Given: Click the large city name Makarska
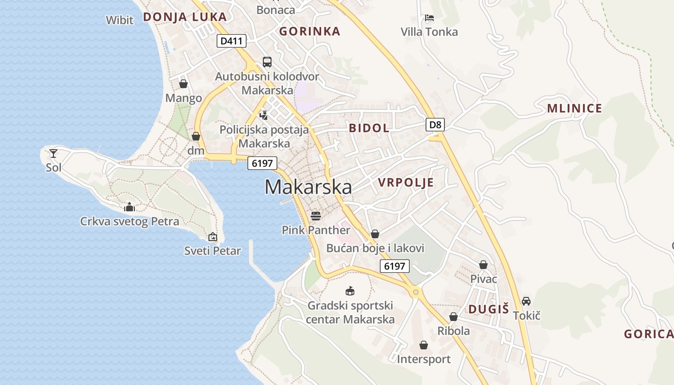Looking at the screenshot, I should coord(308,187).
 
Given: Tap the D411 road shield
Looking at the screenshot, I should coord(231,41).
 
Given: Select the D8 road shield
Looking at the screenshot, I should coord(435,125).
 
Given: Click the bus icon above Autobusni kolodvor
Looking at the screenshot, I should coord(267,62).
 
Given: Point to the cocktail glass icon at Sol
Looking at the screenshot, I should coord(53,154).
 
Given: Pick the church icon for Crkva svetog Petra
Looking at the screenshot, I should coord(129,207).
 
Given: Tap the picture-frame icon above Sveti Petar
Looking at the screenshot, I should coord(212,237).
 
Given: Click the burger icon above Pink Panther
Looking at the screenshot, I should coord(316,215).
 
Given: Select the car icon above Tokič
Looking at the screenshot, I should coord(526,301).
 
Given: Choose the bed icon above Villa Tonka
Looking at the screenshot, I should coord(429,18).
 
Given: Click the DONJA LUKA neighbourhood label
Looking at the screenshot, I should coord(184,17).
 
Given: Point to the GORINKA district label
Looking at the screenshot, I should coord(310,31).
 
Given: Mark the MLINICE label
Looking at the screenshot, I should coord(574,108).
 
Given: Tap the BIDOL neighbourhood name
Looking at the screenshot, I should coord(369,128).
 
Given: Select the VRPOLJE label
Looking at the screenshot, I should coord(406,182).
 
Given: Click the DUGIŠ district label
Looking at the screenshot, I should coord(489,309).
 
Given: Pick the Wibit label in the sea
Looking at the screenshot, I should coord(119,20).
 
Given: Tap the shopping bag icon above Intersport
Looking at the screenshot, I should coord(424,345).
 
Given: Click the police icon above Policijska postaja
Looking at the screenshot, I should coord(263,115).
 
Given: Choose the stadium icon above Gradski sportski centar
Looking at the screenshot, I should coord(350,291).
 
